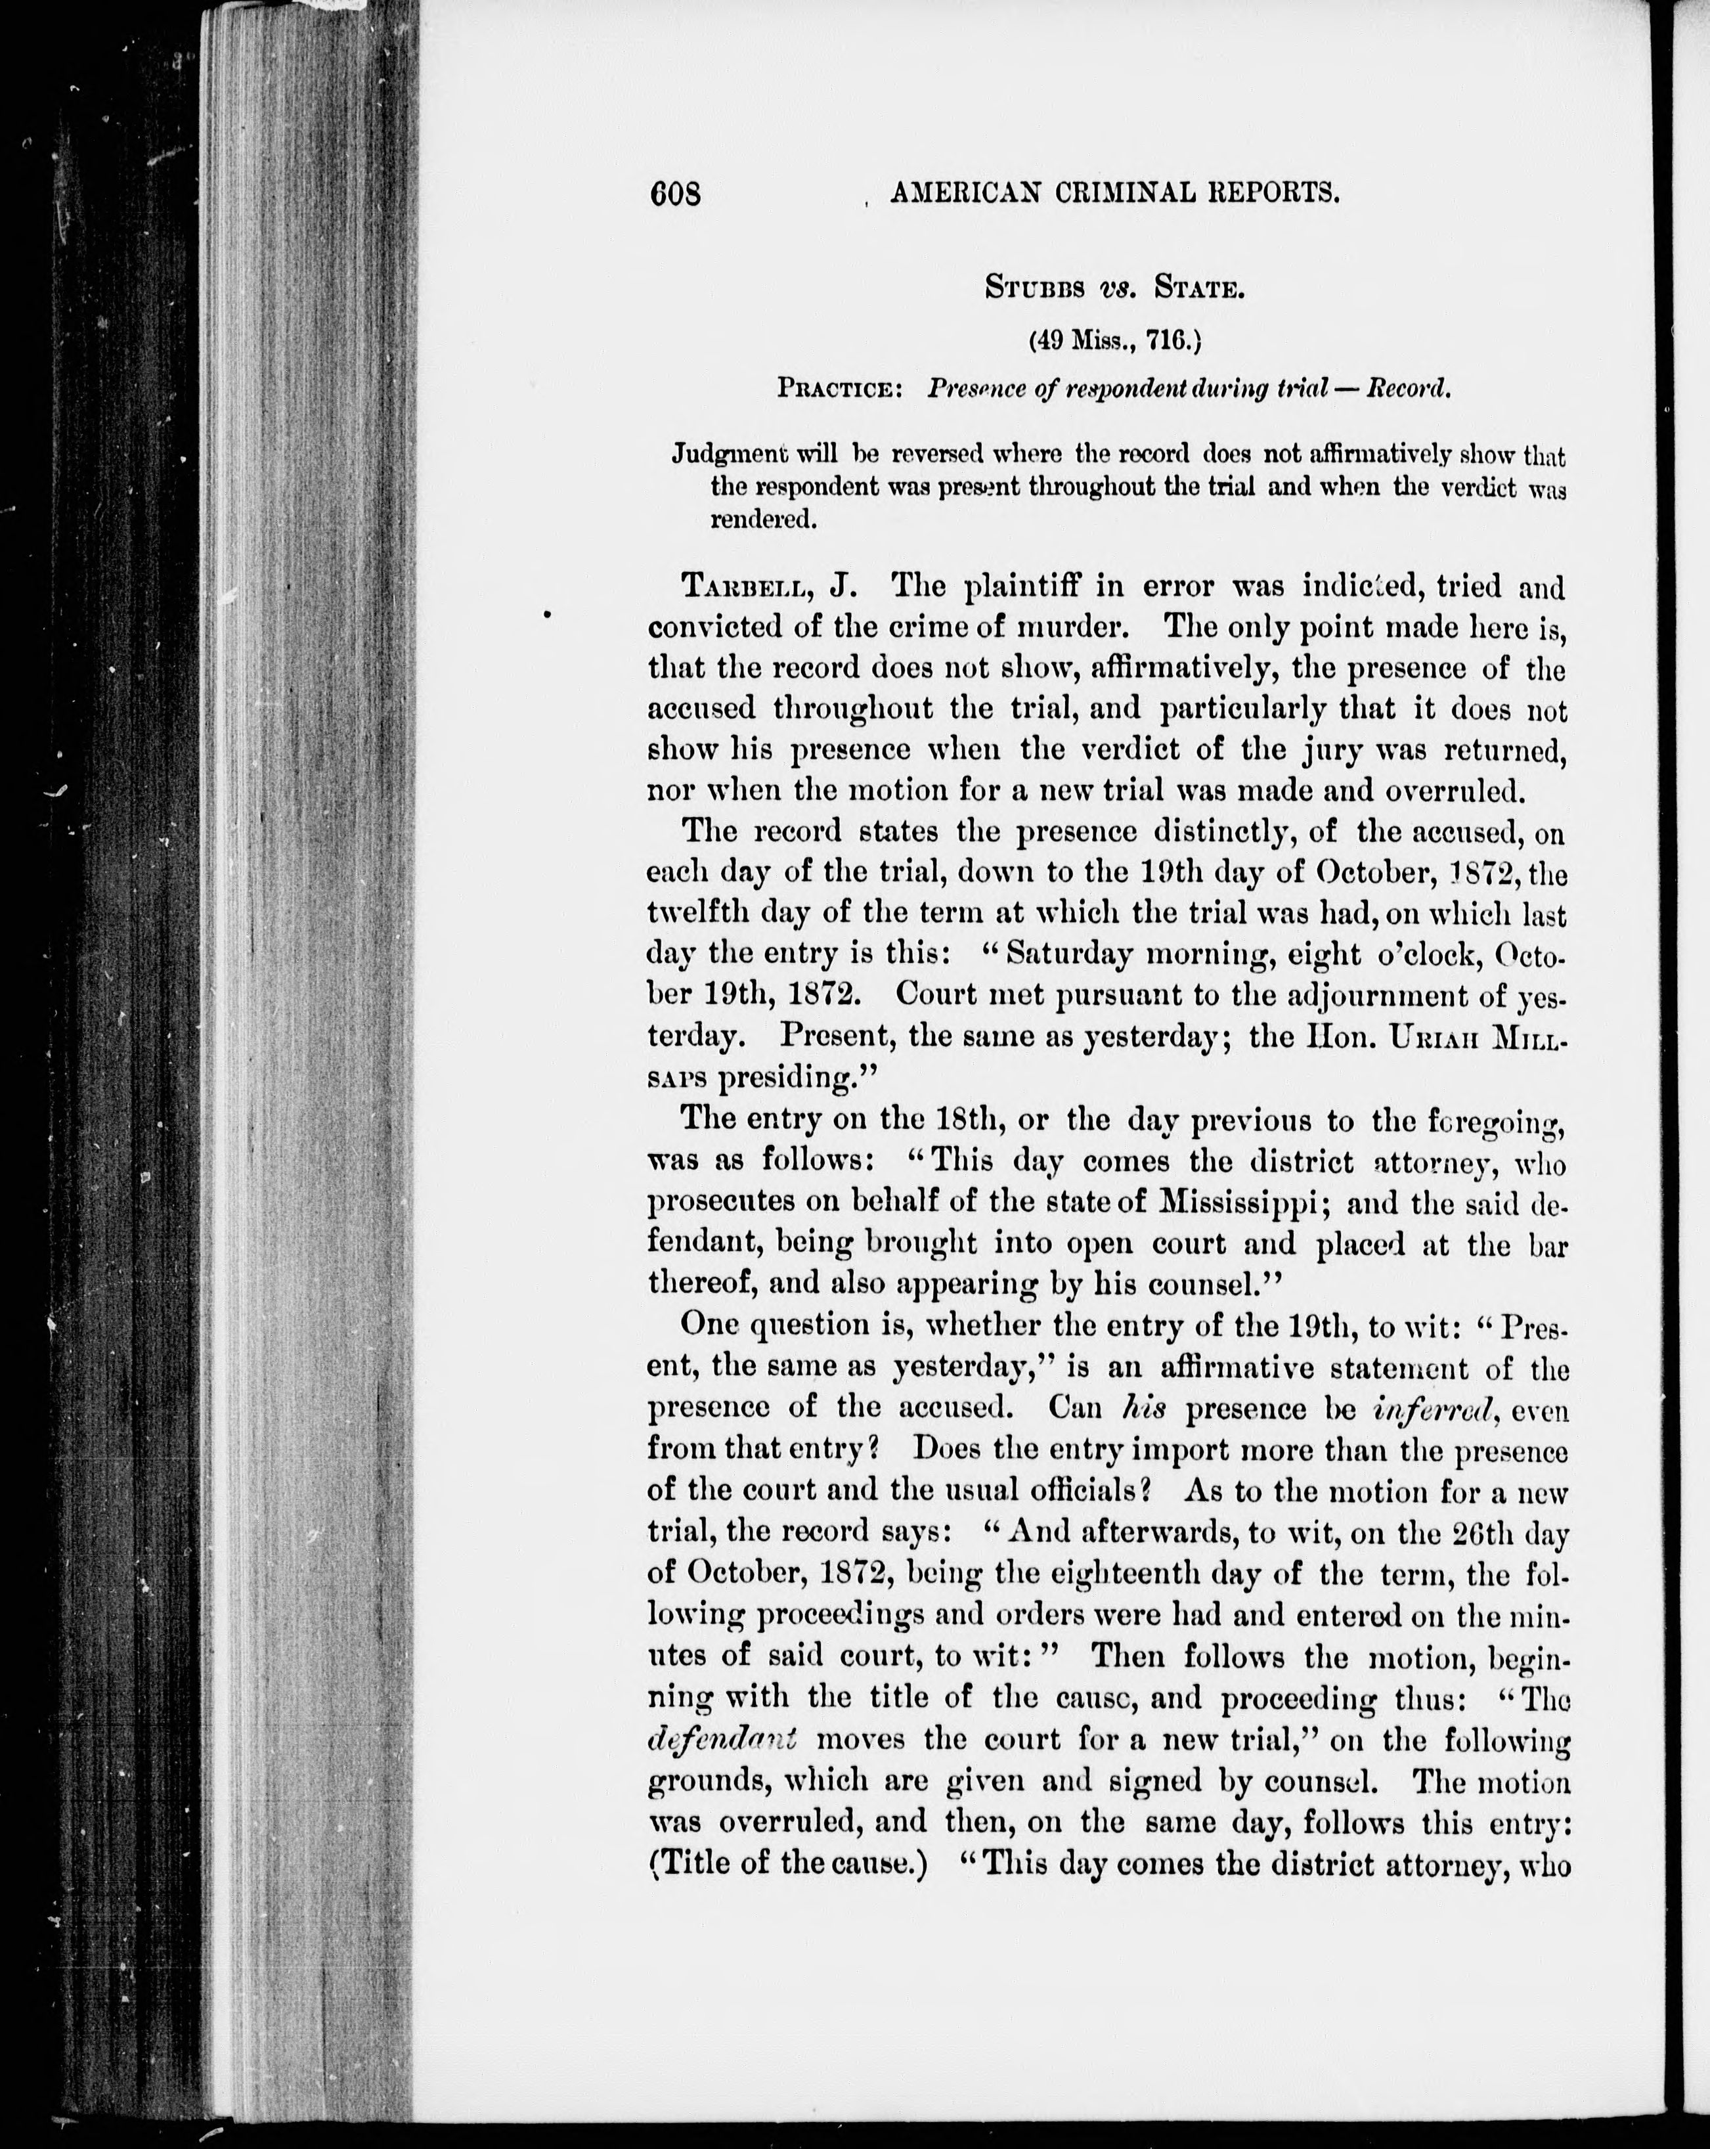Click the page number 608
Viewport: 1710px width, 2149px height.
(674, 192)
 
